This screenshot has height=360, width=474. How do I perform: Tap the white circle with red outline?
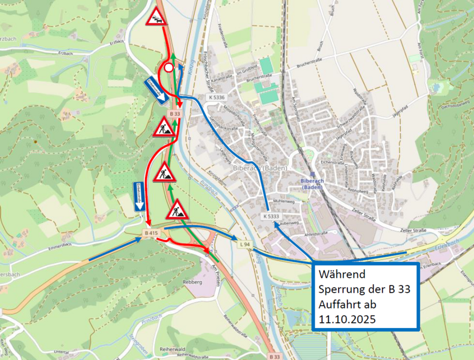pos(168,68)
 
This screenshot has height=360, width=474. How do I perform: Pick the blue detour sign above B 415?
pos(139,197)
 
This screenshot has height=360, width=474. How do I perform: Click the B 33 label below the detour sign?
pos(175,114)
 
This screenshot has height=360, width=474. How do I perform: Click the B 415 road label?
pos(151,233)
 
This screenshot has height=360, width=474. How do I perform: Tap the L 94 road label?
pos(244,244)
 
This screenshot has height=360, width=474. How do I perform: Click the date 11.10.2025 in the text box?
pos(347,319)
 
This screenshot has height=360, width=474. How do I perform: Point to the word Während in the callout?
pos(342,275)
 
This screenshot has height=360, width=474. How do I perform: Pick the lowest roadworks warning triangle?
pos(178,210)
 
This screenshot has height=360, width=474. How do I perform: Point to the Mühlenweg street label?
pos(286,201)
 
